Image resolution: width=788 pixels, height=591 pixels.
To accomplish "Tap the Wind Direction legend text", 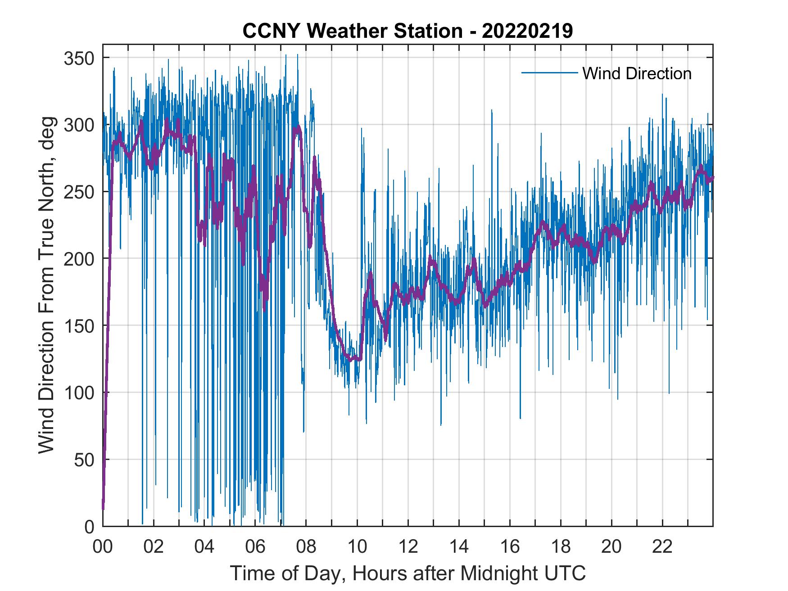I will coord(637,73).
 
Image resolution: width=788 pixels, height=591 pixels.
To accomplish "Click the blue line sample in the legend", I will coord(549,73).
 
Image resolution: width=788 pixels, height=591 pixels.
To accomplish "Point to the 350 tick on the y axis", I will coord(80,58).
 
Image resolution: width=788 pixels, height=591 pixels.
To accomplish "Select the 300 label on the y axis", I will coord(80,125).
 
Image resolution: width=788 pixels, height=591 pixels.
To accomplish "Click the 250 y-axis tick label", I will coord(80,192).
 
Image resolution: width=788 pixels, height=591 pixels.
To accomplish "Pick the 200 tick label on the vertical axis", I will coord(80,259).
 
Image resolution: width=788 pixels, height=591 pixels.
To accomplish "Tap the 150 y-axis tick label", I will coord(80,325).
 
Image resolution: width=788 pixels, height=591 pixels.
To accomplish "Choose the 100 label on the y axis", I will coord(80,392).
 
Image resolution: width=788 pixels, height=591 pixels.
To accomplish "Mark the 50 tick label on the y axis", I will coord(86,460).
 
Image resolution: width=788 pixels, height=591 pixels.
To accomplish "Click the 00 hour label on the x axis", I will coord(103,547).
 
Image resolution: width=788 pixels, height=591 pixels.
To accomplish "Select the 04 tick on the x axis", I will coord(204,547).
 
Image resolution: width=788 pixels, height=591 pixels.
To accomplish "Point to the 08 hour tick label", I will coord(306,547).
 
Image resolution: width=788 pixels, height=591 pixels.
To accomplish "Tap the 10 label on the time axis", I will coord(357,547).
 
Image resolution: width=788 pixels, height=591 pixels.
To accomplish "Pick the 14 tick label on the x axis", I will coord(459,547).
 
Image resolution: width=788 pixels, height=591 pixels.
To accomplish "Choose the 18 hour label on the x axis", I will coord(561,547).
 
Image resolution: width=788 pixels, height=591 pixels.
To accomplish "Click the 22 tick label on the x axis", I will coord(662,547).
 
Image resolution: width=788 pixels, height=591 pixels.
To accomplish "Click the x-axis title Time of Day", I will coord(408,574).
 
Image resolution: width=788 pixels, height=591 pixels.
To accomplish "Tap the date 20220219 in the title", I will coord(527,31).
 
